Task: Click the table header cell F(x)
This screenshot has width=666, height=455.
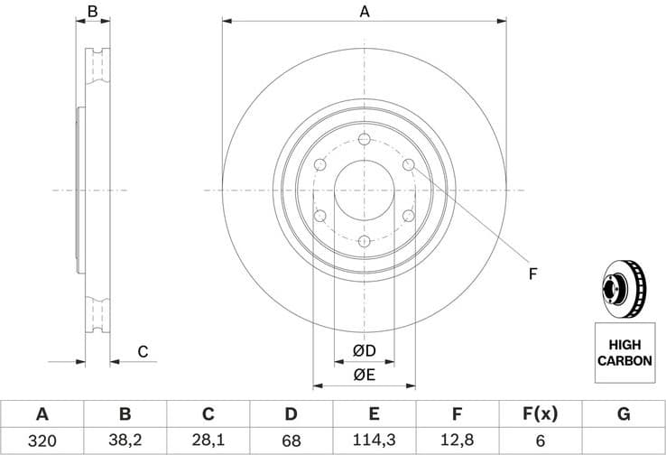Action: tap(540, 414)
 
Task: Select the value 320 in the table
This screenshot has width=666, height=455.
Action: tap(42, 441)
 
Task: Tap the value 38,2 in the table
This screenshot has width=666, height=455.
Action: tap(125, 441)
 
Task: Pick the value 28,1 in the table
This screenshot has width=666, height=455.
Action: tap(208, 441)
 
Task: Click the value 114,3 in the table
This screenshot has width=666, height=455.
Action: tap(375, 441)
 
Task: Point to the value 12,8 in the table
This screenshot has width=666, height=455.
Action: tap(457, 441)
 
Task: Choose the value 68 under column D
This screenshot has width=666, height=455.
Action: tap(291, 441)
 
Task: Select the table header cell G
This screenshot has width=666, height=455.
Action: tap(623, 414)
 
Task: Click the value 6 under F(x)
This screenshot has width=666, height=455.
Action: tap(540, 441)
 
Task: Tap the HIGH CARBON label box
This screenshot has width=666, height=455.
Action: tap(624, 352)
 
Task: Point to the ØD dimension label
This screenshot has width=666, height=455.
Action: tap(364, 350)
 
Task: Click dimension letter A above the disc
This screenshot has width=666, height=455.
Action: tap(365, 12)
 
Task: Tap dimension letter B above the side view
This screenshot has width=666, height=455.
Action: tap(92, 12)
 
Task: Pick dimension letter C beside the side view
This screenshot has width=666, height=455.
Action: tap(142, 352)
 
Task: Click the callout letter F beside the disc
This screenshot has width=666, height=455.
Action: tap(532, 273)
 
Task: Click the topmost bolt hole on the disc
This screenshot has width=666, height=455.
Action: tap(365, 139)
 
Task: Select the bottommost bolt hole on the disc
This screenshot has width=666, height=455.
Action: tap(365, 241)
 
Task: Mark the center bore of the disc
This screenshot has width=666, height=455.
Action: tap(365, 190)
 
